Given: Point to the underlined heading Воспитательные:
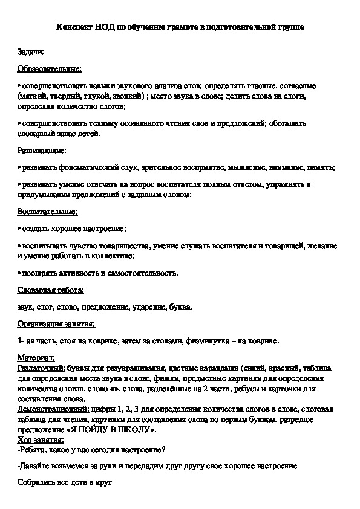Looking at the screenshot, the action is point(48,212).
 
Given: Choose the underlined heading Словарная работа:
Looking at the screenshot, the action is point(51,291).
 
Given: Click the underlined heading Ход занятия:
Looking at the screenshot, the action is point(42,439).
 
